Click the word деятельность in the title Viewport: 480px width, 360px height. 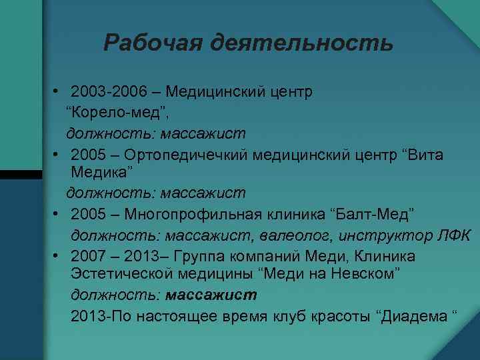301,44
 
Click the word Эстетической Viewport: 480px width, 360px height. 126,274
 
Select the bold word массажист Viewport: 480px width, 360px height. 211,294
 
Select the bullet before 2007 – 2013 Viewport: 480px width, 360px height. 60,257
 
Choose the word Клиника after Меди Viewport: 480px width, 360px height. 386,257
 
